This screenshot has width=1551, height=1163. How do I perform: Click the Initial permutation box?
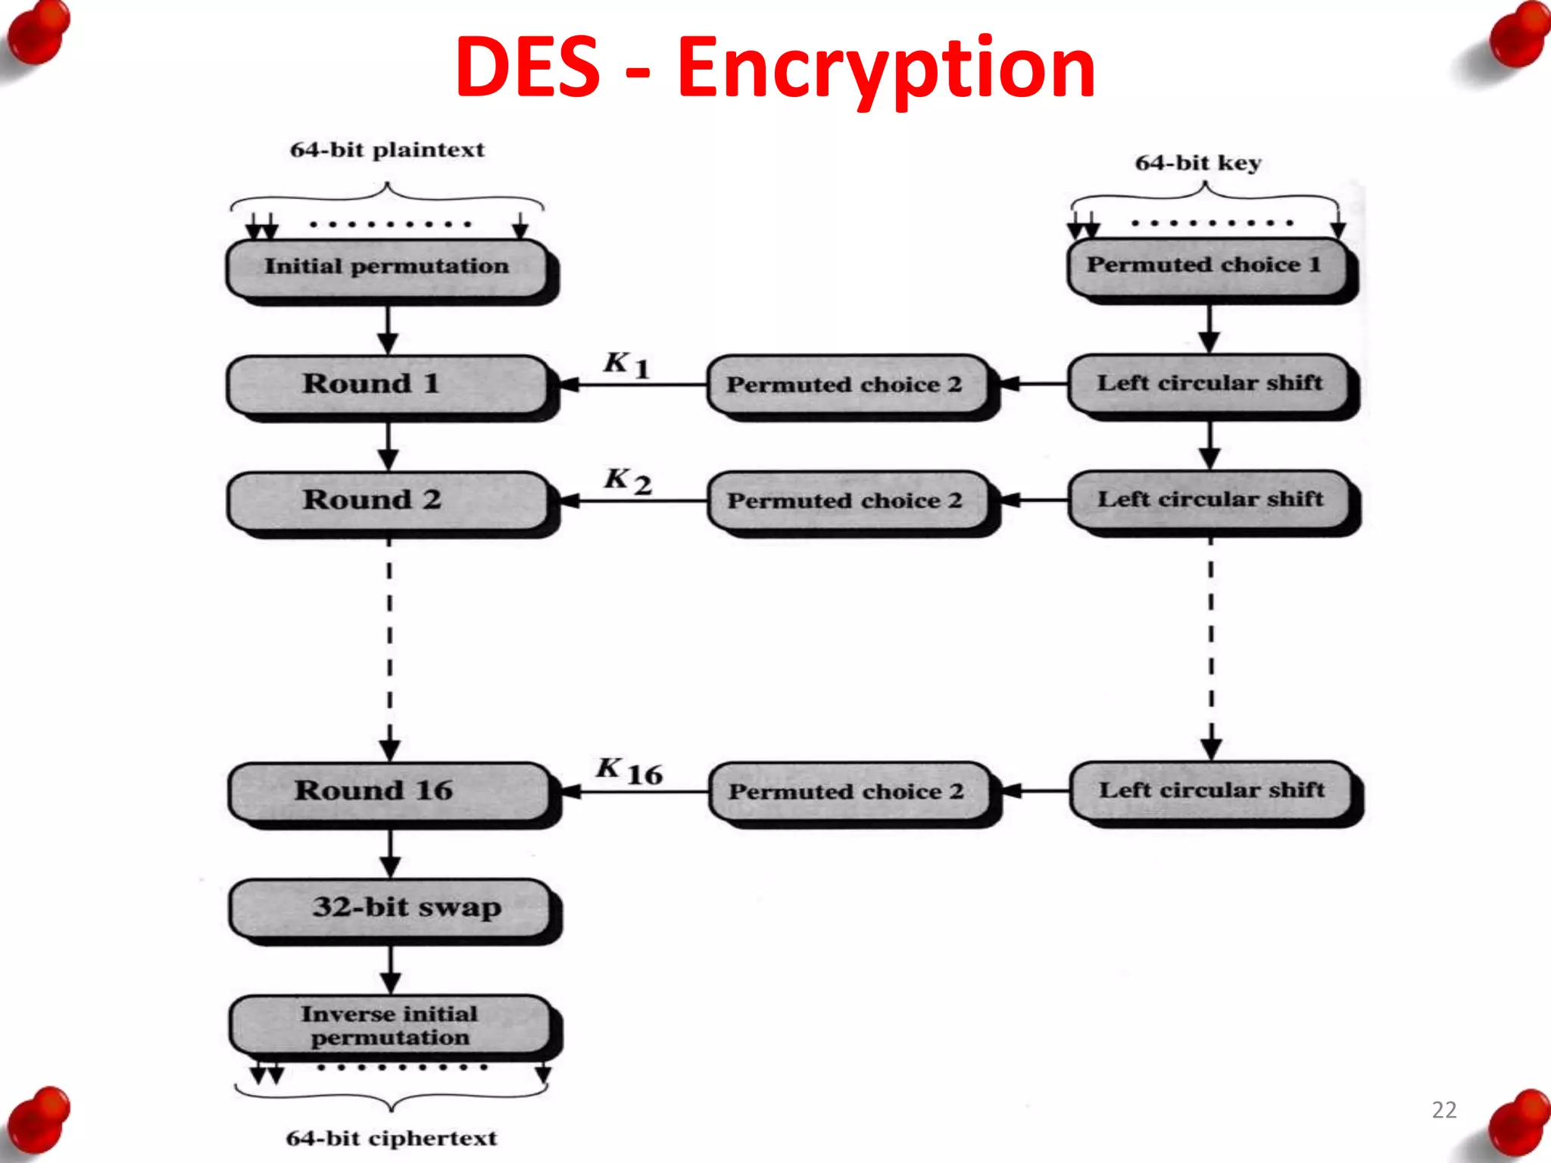click(x=387, y=267)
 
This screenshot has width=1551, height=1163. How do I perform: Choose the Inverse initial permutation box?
click(x=390, y=1025)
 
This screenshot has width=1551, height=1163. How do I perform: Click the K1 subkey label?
click(x=626, y=365)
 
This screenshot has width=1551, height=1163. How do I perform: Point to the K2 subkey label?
click(x=627, y=481)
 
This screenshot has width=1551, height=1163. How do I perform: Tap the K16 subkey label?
click(x=629, y=771)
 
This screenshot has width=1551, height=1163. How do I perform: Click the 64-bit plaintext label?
click(x=387, y=150)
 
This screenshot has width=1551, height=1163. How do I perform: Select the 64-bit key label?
click(x=1197, y=163)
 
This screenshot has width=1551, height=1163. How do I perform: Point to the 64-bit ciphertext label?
click(x=392, y=1138)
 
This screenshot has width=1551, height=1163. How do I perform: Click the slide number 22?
click(x=1443, y=1110)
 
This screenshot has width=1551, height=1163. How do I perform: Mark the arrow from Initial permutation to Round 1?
click(x=388, y=329)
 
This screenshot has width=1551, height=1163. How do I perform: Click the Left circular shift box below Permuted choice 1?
click(x=1209, y=383)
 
